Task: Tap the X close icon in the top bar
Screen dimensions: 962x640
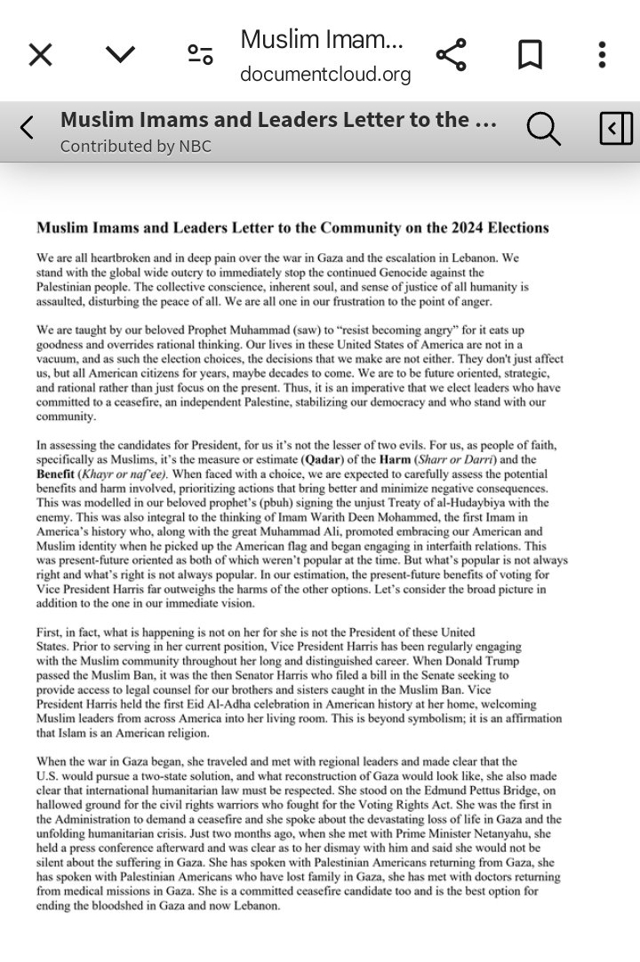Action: tap(40, 55)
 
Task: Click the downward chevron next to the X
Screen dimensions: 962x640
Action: tap(120, 55)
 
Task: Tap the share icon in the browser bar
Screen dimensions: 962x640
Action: tap(451, 55)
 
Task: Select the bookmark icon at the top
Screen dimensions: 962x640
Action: tap(530, 55)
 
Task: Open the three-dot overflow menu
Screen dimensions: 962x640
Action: tap(602, 55)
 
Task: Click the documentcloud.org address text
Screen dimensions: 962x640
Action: tap(325, 75)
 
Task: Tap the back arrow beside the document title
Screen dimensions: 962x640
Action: tap(27, 129)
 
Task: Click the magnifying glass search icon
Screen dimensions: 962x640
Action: tap(543, 129)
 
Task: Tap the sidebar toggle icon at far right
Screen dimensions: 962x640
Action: tap(616, 129)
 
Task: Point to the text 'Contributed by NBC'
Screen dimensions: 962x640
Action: tap(135, 147)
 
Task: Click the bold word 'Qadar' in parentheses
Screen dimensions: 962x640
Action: tap(322, 460)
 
